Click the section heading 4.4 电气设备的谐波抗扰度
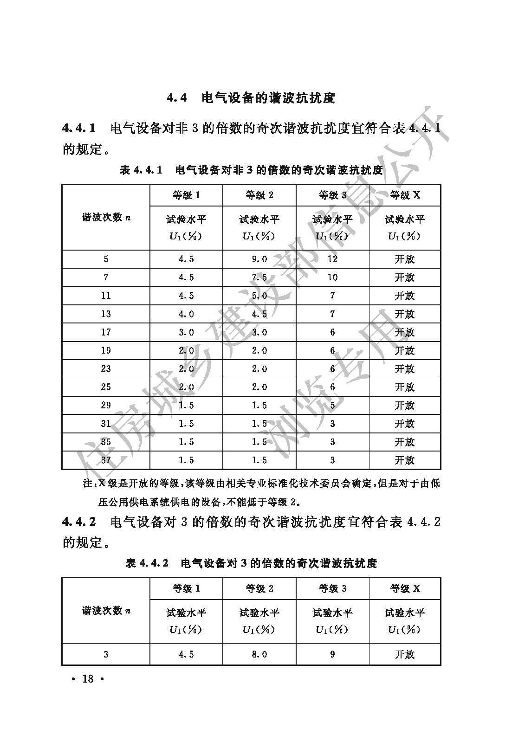click(251, 98)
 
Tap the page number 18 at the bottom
click(88, 679)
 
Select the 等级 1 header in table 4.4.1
click(186, 195)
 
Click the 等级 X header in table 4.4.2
click(405, 588)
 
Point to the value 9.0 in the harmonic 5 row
click(259, 259)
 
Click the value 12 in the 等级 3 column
click(332, 259)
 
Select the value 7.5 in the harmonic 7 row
click(259, 277)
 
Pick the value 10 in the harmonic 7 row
click(332, 277)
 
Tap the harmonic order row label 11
click(106, 296)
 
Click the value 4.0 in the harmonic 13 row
click(186, 314)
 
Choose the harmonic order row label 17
click(106, 332)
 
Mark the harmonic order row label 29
click(106, 405)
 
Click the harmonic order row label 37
click(106, 460)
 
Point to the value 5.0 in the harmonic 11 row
click(259, 296)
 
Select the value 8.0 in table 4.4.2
click(259, 654)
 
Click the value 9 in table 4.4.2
click(332, 654)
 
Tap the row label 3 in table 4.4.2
click(106, 654)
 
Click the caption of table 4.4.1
click(251, 170)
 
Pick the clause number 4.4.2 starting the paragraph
click(79, 522)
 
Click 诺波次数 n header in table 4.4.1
click(106, 217)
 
